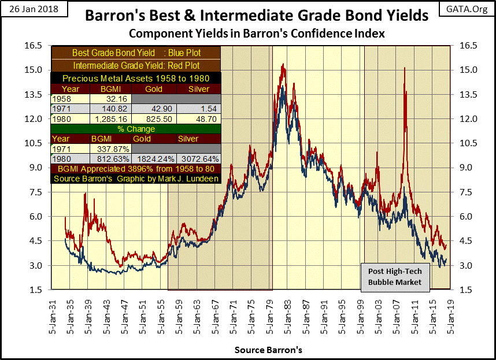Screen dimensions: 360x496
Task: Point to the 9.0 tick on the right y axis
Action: [x=466, y=168]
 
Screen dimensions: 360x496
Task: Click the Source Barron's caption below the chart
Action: [x=268, y=350]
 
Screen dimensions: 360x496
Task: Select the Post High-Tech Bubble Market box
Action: [x=393, y=276]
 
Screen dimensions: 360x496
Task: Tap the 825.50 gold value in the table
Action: [x=153, y=119]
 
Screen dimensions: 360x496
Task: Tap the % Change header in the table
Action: [x=136, y=129]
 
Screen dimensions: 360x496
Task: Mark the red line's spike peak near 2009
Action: [x=404, y=68]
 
